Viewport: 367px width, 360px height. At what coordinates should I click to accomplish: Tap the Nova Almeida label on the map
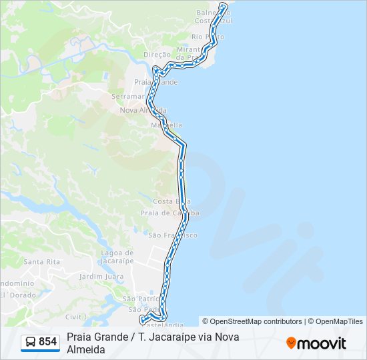[142, 110]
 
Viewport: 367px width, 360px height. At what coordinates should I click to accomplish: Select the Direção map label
[157, 55]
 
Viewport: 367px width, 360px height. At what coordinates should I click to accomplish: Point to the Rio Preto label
[207, 37]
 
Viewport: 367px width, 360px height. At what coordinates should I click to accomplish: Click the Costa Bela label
[172, 201]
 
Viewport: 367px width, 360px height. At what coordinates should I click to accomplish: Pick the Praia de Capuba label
[169, 213]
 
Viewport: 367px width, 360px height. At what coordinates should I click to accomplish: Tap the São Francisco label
[172, 235]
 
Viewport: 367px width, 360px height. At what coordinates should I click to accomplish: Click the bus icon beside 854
[31, 342]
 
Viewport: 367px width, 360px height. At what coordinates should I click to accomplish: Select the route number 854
[47, 342]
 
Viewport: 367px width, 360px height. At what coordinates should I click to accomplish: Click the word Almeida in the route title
[85, 349]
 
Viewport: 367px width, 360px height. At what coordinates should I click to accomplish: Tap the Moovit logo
[316, 343]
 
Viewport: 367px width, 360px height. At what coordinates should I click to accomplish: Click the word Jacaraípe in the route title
[185, 337]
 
